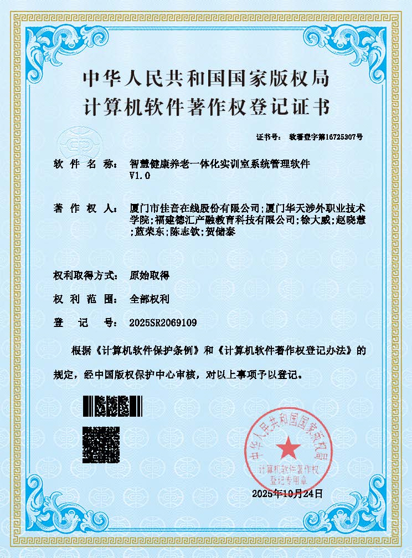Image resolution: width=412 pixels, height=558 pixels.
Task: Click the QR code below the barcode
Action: click(x=101, y=444)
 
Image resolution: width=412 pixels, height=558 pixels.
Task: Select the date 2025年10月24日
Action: click(x=286, y=493)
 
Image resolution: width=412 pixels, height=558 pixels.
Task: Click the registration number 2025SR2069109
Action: click(x=163, y=322)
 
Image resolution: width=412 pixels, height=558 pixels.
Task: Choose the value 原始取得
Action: click(x=149, y=275)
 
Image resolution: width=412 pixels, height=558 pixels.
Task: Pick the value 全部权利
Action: click(x=149, y=299)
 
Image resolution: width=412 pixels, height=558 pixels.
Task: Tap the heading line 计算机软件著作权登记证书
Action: click(x=206, y=105)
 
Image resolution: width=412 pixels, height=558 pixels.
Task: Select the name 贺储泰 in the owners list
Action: click(x=220, y=232)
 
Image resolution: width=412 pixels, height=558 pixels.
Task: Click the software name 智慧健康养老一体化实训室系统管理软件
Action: click(x=219, y=164)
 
